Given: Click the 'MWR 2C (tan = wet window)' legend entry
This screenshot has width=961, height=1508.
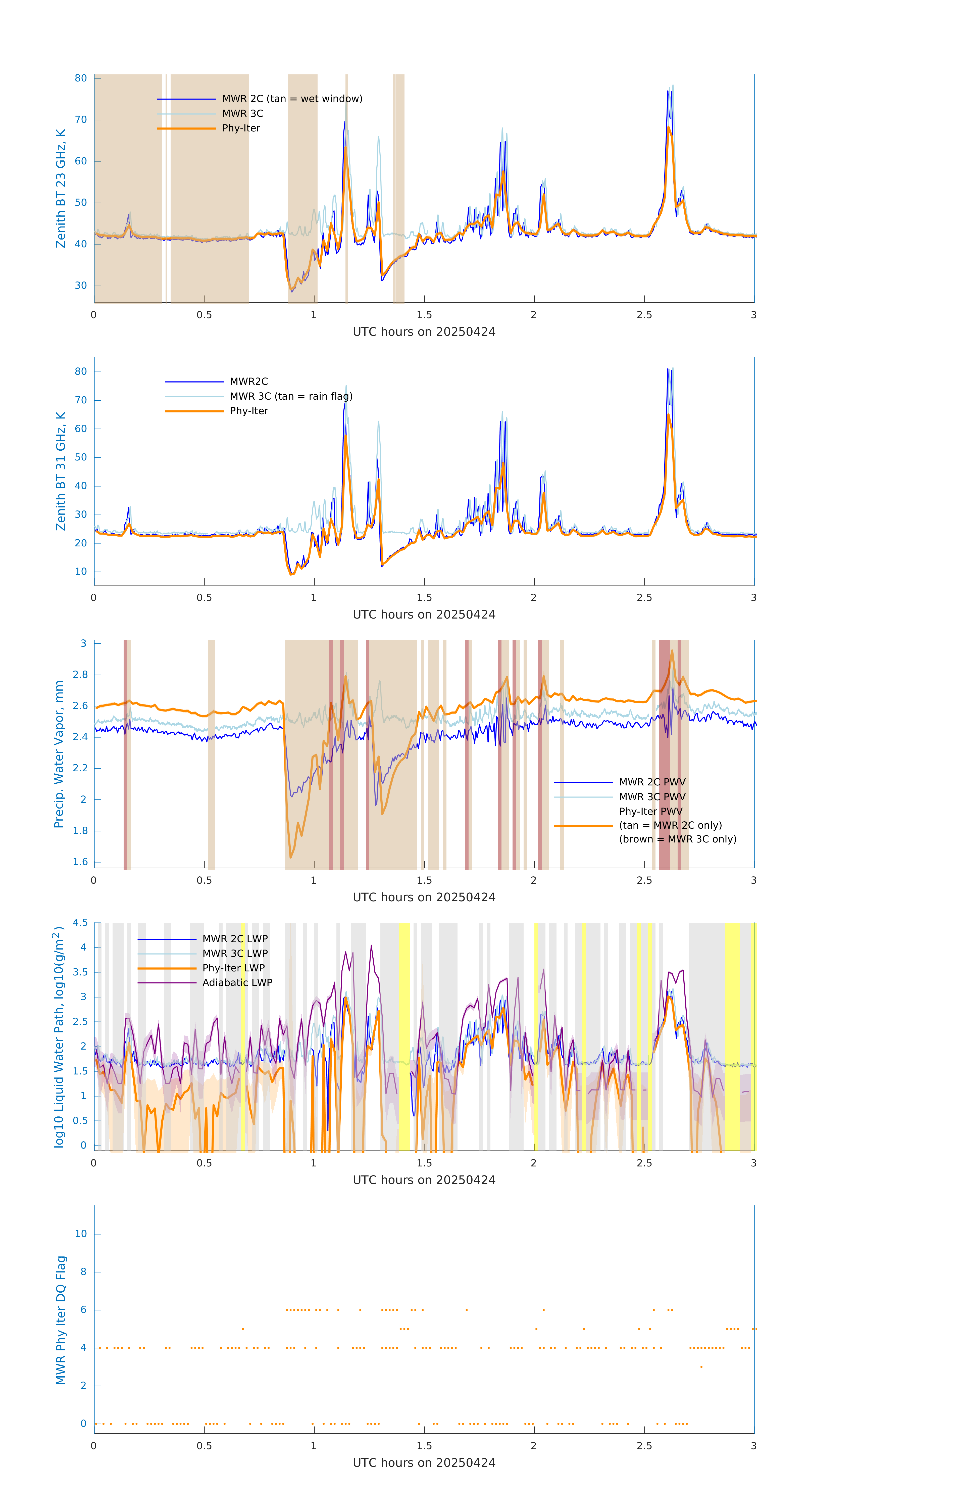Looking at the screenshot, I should point(292,99).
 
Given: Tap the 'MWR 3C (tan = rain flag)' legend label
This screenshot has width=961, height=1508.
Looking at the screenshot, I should point(291,396).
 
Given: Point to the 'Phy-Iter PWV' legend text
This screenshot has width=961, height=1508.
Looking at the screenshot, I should point(650,812).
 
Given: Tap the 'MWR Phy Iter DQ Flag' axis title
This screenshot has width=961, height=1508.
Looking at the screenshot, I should point(61,1320).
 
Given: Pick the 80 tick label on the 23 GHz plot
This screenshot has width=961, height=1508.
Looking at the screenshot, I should point(81,78).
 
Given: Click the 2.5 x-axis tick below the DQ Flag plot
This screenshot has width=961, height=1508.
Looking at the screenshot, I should point(644,1446).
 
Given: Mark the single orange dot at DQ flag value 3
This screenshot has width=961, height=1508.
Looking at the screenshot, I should point(701,1367).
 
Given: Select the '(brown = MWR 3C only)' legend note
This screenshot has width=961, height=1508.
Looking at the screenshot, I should point(677,839).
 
